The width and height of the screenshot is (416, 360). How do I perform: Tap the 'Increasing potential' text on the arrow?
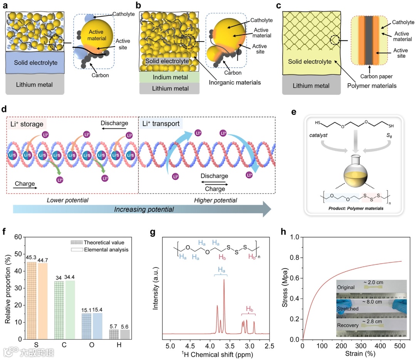pos(144,209)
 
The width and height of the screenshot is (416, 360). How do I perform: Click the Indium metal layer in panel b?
pos(169,77)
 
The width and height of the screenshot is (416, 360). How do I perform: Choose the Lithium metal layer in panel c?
pos(311,86)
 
